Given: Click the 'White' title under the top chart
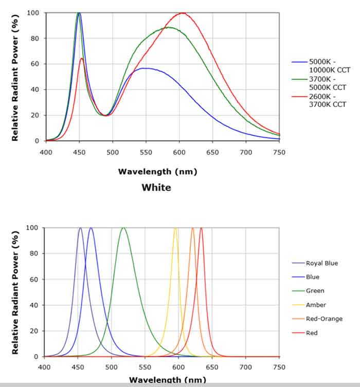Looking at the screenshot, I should coord(156,188).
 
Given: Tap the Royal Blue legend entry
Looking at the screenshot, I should coord(321,263).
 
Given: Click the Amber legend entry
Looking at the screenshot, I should coord(316,305).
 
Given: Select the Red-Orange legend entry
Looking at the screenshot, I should coord(324,319).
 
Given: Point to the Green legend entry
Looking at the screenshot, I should coord(315,291).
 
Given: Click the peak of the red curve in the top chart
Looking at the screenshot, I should coord(182,13).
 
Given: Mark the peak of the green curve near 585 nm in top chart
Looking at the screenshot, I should coord(169,27).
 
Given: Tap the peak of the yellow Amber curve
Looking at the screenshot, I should coord(175,228).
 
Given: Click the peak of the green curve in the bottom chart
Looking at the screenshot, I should coord(123,228).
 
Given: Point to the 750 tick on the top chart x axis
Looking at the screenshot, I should coord(279,152).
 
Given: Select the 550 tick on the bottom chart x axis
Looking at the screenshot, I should coord(145,367).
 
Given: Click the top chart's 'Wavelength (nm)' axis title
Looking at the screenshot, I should coord(157,172).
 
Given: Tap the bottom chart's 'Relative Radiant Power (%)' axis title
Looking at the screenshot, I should coord(16,292).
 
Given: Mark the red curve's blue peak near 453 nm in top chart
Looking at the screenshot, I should coord(81,58).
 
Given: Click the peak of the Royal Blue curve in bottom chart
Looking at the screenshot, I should coord(80,228).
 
